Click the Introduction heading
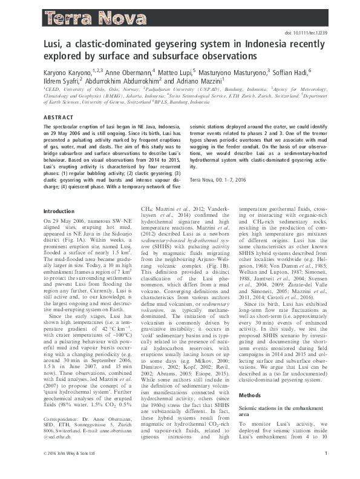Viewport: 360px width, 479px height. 59,211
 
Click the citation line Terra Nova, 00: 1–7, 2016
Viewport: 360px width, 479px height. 223,180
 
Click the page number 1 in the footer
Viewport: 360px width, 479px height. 326,470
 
